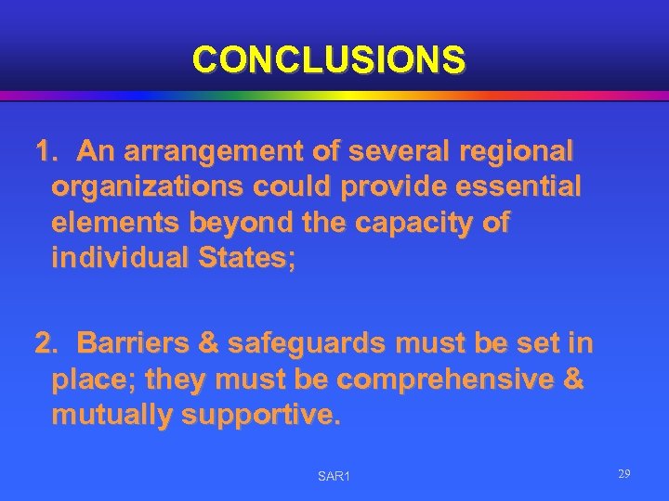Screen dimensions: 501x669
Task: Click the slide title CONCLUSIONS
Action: click(329, 59)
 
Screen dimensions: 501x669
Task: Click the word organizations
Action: click(147, 187)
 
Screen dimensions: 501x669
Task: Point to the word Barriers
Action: click(136, 344)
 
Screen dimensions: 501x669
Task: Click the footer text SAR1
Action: click(334, 476)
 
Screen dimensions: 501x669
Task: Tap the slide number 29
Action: click(624, 474)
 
